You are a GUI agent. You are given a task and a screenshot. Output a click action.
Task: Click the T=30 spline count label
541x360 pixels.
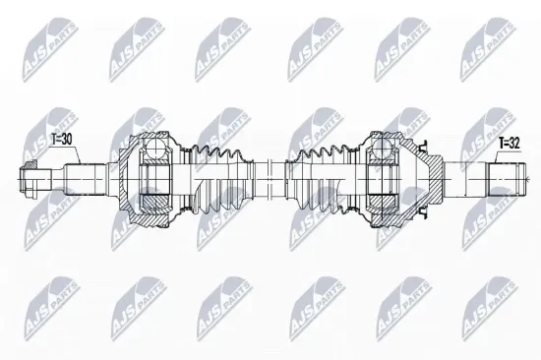[x=61, y=140]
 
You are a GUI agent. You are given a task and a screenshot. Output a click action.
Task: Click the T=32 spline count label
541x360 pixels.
[x=510, y=144]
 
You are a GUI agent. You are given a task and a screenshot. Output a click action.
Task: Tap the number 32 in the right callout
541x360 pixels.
[x=513, y=144]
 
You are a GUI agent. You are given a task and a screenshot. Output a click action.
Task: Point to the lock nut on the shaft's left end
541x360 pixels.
[x=29, y=179]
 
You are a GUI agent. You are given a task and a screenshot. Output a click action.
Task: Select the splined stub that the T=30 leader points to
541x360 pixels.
[x=86, y=179]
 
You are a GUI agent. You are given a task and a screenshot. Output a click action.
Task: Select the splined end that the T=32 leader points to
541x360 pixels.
[x=506, y=179]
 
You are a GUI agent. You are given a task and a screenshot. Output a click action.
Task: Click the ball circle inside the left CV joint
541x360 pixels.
[x=154, y=149]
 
